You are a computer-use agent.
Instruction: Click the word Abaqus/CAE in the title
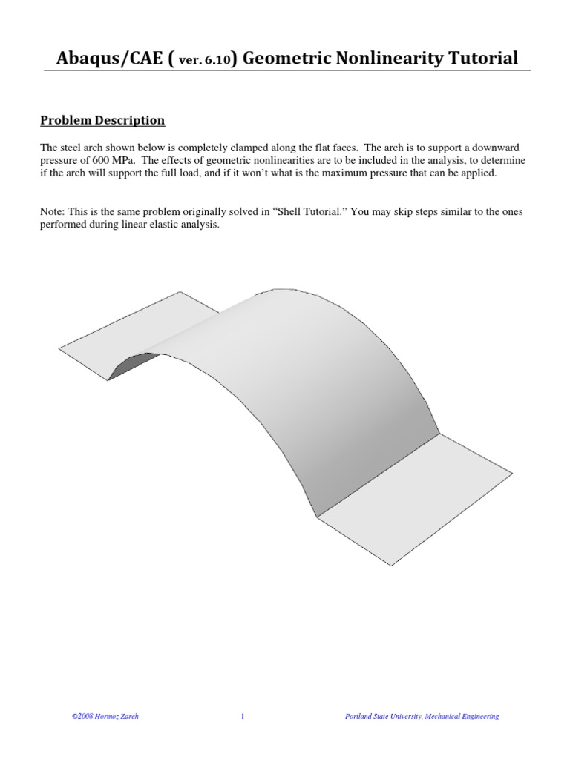click(x=109, y=58)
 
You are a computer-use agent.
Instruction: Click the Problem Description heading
click(x=102, y=120)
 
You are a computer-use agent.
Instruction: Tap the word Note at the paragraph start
click(x=52, y=212)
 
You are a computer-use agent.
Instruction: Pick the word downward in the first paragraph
click(x=501, y=146)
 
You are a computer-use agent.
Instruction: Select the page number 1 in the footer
click(x=243, y=716)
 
